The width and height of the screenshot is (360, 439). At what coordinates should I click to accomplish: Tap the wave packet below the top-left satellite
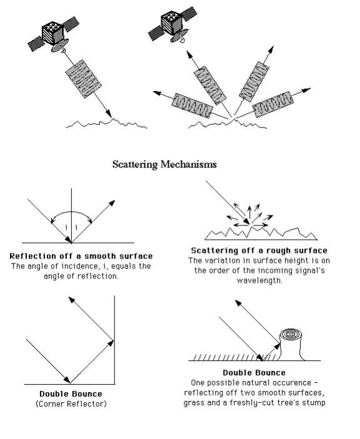81,81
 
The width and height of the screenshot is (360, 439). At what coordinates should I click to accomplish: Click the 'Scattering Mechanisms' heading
164,165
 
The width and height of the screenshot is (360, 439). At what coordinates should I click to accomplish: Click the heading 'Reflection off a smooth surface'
81,257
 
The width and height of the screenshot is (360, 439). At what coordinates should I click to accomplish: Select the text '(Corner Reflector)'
71,404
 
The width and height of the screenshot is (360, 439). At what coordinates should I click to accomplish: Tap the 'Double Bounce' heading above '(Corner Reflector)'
71,394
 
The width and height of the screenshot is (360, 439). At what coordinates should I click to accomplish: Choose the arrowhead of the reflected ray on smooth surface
113,202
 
